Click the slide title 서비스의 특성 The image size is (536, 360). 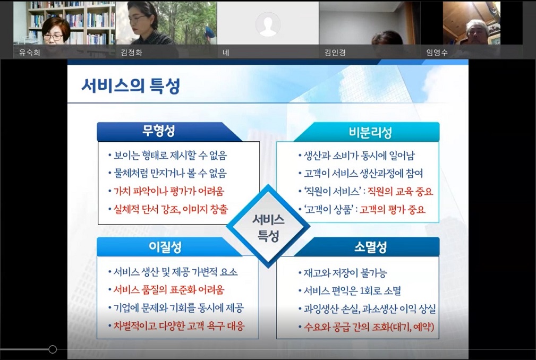point(130,86)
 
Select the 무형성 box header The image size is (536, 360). point(158,131)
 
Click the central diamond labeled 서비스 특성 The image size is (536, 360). point(268,227)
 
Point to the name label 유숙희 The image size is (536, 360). point(30,53)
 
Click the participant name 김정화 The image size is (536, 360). point(131,53)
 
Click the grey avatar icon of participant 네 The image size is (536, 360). point(267,24)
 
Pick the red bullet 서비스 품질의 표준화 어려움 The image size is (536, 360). point(168,290)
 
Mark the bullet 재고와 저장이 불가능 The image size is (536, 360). point(345,273)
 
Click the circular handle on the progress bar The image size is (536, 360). point(52,349)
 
